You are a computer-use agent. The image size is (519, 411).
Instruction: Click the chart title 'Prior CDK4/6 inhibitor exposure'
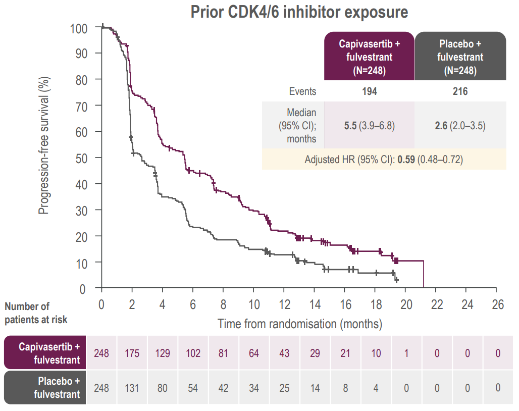[299, 12]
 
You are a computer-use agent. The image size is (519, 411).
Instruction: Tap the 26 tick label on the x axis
[497, 305]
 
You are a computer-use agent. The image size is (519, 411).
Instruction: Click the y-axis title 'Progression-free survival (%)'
[44, 145]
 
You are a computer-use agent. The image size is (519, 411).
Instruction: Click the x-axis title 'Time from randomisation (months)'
[299, 324]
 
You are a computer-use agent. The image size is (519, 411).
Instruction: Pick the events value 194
[369, 91]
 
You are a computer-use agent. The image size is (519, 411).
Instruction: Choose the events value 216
[460, 91]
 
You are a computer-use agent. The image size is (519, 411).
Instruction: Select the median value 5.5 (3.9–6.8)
[369, 126]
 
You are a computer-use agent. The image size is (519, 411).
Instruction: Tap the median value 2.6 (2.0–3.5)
[460, 126]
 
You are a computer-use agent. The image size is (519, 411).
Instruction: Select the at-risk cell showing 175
[132, 353]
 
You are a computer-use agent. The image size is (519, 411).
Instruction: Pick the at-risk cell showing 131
[132, 388]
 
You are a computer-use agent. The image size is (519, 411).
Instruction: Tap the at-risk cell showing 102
[193, 353]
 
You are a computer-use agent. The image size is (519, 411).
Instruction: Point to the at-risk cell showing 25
[284, 388]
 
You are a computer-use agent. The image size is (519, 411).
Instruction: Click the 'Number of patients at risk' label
[36, 313]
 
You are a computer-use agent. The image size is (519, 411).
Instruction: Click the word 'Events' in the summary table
[302, 91]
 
